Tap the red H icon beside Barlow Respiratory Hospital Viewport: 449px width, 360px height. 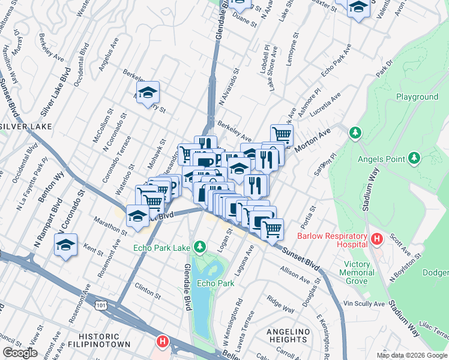click(x=377, y=239)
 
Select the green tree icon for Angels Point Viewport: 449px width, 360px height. click(x=414, y=158)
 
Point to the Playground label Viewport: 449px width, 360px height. click(x=417, y=97)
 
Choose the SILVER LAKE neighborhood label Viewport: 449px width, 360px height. click(x=27, y=127)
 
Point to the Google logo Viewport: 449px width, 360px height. click(x=20, y=353)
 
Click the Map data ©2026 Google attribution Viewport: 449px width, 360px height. click(x=412, y=355)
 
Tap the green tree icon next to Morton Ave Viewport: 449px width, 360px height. click(x=355, y=132)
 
